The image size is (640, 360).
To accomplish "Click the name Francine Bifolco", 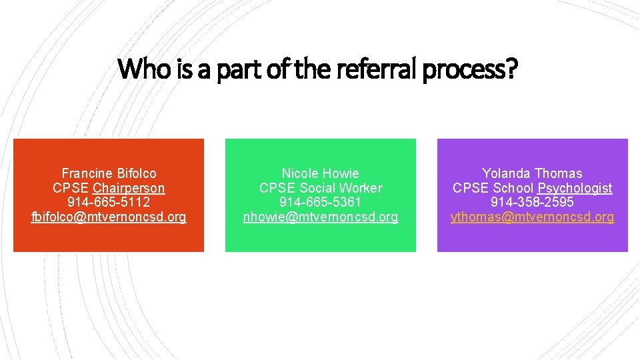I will (109, 174).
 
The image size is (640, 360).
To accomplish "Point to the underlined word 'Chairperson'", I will (129, 188).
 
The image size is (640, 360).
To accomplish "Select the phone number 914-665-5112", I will (109, 202).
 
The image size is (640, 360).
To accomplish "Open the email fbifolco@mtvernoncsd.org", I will (109, 217).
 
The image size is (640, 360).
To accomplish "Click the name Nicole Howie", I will (320, 174).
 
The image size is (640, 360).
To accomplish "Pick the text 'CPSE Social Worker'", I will (320, 188).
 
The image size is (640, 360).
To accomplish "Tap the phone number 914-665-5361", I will (320, 202).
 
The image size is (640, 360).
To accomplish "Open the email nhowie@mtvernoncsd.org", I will (320, 217).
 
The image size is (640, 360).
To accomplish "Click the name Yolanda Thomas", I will (532, 174).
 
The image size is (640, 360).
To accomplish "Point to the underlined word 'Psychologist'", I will (575, 188).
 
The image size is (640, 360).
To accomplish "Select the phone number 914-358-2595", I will (532, 202).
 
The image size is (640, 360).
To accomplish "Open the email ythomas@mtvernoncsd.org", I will (532, 217).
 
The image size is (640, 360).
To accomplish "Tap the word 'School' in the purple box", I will (514, 188).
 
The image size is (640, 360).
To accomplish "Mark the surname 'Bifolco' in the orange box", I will (135, 174).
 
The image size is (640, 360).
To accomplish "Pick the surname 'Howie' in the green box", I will (340, 174).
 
